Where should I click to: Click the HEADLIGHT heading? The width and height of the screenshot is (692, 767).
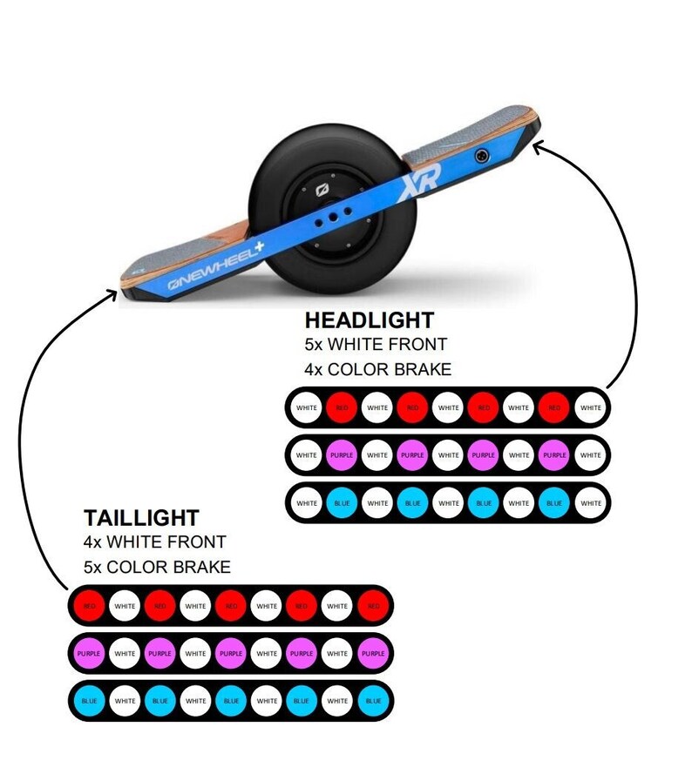[x=369, y=320]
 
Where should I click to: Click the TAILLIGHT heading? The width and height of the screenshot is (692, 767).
[x=141, y=518]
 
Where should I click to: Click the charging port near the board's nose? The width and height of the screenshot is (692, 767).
[x=479, y=156]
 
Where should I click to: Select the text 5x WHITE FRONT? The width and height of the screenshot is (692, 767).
[x=376, y=344]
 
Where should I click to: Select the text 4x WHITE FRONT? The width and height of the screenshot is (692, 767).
[x=155, y=542]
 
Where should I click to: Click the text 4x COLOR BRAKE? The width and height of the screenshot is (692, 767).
[x=378, y=369]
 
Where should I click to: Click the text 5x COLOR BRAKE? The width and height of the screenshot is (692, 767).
[x=158, y=568]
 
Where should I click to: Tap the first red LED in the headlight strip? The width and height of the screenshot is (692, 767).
[x=342, y=407]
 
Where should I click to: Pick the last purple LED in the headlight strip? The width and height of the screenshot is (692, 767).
[x=554, y=454]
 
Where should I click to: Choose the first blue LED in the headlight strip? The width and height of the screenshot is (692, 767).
[x=342, y=502]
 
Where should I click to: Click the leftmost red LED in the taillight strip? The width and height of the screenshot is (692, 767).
[x=88, y=606]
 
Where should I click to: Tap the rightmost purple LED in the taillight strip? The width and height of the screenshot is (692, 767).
[x=372, y=654]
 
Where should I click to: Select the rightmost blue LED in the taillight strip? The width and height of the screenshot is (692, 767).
[x=372, y=701]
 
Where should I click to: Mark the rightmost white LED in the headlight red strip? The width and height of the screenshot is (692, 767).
[x=590, y=407]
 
